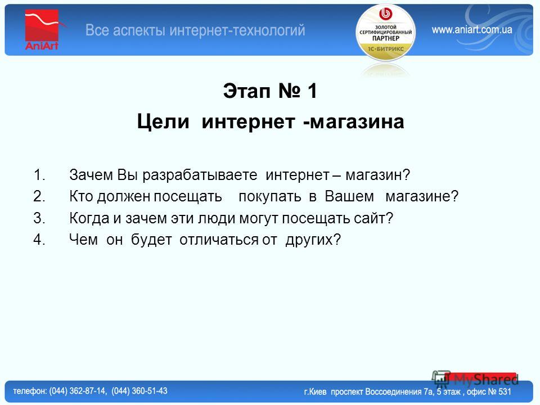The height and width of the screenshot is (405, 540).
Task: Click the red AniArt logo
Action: [x=42, y=30]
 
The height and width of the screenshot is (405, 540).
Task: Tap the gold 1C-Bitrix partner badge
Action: [x=386, y=33]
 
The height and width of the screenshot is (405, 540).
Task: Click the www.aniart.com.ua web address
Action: [x=472, y=30]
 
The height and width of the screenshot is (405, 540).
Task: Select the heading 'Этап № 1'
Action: [x=270, y=91]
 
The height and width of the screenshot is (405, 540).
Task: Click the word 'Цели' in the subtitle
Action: [x=163, y=121]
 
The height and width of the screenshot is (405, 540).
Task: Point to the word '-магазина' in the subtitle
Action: [x=354, y=121]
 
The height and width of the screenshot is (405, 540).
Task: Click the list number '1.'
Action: [x=39, y=175]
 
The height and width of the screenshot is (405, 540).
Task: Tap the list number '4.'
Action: [x=39, y=240]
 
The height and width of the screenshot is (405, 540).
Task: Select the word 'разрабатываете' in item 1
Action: [x=200, y=175]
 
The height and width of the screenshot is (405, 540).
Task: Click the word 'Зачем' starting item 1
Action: [x=91, y=175]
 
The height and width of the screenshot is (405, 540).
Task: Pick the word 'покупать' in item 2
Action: [x=270, y=197]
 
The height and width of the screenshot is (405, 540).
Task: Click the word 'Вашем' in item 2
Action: [x=349, y=196]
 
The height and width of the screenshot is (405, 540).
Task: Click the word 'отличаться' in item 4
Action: [x=219, y=240]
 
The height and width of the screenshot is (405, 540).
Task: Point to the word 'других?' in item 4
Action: [x=313, y=240]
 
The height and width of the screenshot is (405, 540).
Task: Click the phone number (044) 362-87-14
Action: [x=78, y=391]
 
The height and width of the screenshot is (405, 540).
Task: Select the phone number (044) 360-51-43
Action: [x=139, y=391]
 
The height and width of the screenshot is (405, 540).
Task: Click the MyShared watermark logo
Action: [x=475, y=380]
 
